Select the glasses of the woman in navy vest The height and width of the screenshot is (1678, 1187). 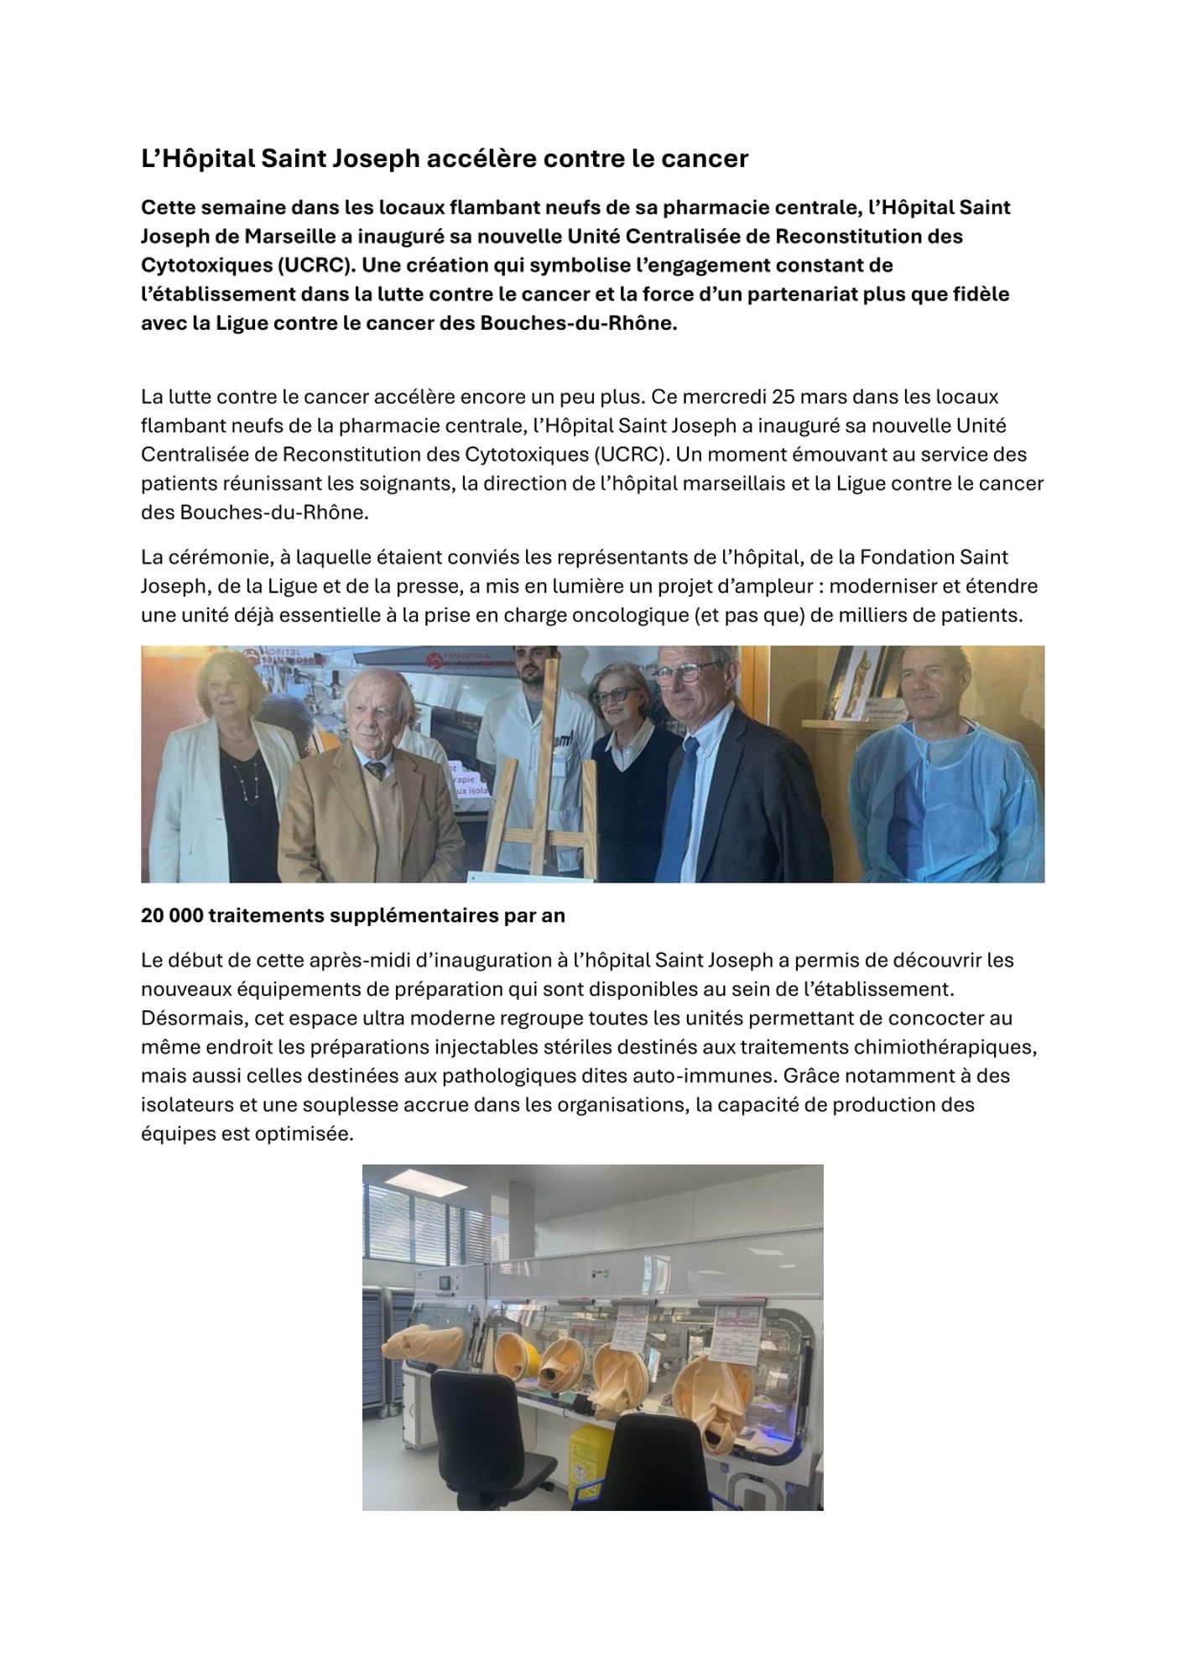coord(620,696)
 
